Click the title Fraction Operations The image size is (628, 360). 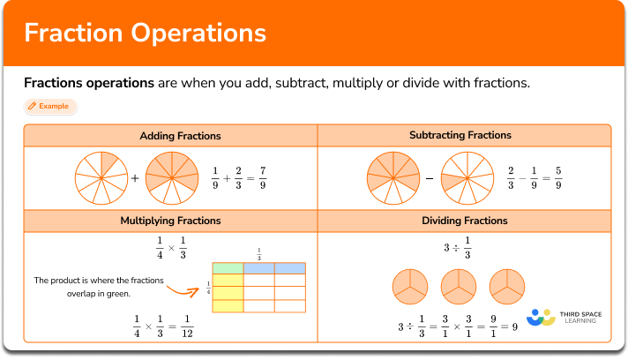point(146,33)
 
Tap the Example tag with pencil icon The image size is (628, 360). point(50,107)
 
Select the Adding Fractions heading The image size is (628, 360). point(180,135)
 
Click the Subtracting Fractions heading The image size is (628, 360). point(460,135)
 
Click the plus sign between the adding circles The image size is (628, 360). point(135,178)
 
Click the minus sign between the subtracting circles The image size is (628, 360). point(429,178)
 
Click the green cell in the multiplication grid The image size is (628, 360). point(228,267)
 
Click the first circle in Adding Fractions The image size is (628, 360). point(101,177)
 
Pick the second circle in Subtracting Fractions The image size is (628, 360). point(467,177)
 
